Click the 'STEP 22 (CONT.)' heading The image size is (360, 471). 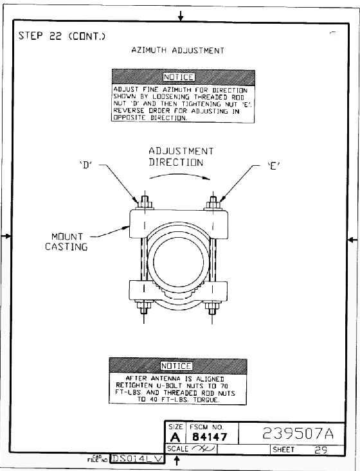pos(62,36)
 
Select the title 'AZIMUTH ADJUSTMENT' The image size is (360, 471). pos(177,50)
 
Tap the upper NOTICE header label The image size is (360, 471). pos(179,77)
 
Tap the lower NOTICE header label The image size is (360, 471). pos(176,366)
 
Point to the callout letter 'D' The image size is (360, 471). pos(86,165)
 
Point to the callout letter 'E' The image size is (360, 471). pos(274,166)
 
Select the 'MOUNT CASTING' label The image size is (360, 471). pos(66,242)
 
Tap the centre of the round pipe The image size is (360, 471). pos(179,262)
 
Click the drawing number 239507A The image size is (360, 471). pos(298,433)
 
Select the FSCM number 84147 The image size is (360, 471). pos(210,436)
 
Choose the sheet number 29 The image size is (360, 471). pos(321,450)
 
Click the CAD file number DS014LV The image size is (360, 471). pos(138,459)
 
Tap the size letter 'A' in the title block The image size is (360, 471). pos(175,437)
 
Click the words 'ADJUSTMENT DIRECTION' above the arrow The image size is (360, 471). pos(181,157)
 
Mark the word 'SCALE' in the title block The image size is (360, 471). pos(177,449)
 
